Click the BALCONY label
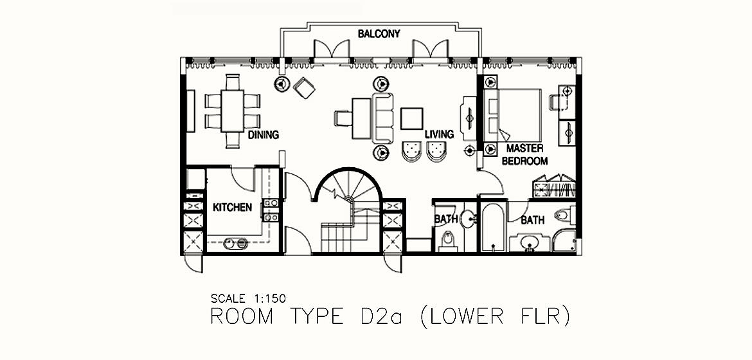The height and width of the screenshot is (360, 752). [379, 33]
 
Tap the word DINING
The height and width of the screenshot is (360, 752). [264, 135]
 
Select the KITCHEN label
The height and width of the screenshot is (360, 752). [233, 208]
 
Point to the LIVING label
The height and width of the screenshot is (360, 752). [439, 134]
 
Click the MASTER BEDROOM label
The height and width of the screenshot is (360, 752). [524, 154]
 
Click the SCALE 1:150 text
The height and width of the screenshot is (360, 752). [248, 298]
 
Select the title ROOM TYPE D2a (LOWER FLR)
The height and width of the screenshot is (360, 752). [390, 318]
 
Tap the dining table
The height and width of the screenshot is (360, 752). [233, 111]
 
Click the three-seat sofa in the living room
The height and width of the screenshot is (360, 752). [382, 118]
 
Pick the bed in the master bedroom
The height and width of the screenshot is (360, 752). [515, 116]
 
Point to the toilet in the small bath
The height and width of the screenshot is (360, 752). [447, 240]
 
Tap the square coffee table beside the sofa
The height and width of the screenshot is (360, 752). [412, 118]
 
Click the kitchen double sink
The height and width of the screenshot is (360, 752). [236, 244]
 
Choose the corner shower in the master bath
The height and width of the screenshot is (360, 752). [564, 240]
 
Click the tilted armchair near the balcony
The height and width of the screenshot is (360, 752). [304, 88]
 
